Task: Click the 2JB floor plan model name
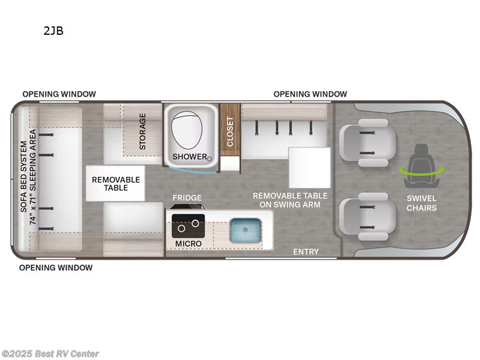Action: [53, 31]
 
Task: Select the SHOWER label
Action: [190, 157]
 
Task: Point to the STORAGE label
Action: [142, 131]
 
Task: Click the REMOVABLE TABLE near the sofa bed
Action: [116, 184]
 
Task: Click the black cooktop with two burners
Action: [188, 225]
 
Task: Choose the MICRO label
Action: [188, 243]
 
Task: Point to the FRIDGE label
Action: [187, 197]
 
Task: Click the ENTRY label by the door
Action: [305, 251]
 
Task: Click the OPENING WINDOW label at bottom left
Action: [56, 268]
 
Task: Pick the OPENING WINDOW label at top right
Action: [310, 94]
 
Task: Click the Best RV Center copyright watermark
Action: [50, 354]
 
